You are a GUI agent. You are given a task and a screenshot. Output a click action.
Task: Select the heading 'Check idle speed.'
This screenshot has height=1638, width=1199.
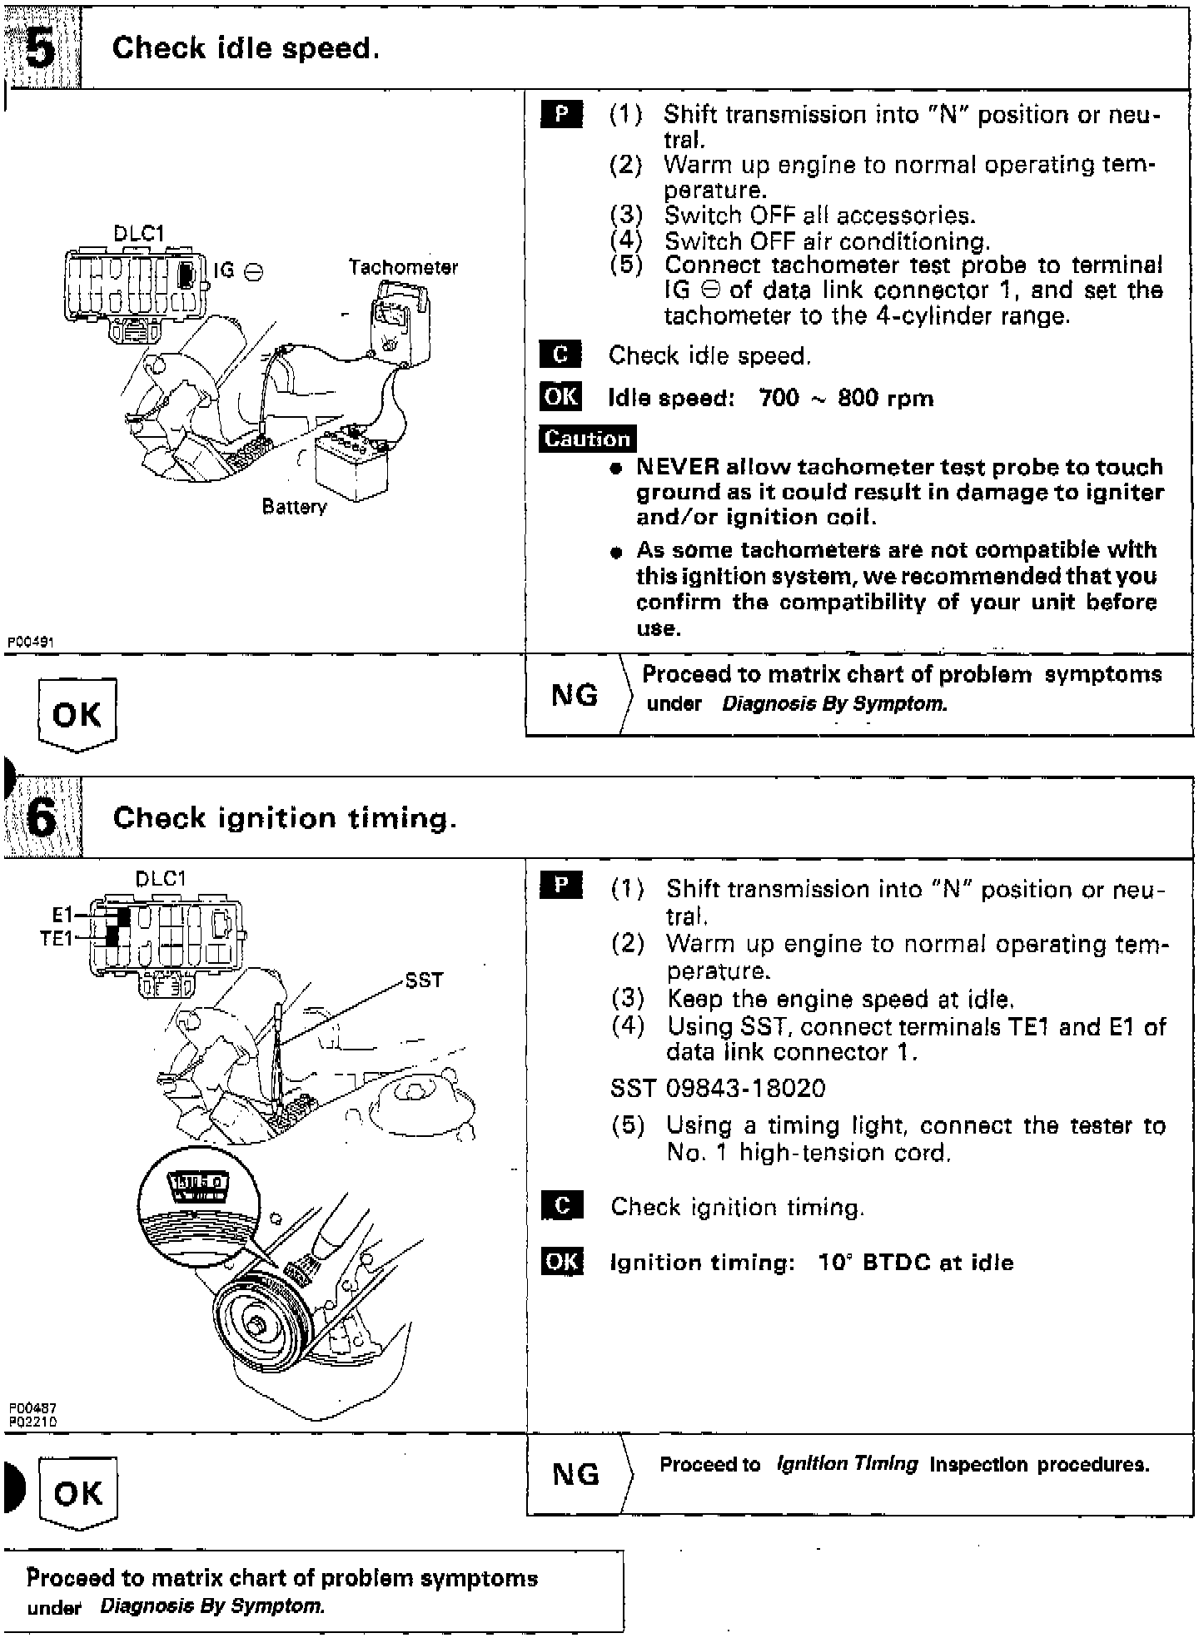pos(246,48)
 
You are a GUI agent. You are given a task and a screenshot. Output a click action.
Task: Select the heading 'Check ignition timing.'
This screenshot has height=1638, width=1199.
pos(285,818)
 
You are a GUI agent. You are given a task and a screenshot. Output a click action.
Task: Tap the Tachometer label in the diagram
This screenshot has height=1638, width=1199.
pos(403,267)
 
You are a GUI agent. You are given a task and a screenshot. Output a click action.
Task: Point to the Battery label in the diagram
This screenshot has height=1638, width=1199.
pos(294,506)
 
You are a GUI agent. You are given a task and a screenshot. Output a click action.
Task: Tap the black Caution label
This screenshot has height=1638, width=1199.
pos(587,439)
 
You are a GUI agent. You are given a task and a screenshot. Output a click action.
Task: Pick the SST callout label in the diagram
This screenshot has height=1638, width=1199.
pos(424,980)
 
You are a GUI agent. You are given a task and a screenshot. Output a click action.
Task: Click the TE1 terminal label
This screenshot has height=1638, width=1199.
pos(57,938)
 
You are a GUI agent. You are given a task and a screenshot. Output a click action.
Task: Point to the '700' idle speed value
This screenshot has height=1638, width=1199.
pos(779,398)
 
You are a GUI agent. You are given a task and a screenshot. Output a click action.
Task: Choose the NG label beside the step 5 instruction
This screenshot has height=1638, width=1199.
pos(575,695)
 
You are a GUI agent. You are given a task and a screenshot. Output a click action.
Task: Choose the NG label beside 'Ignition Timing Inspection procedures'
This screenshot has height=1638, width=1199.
pos(575,1474)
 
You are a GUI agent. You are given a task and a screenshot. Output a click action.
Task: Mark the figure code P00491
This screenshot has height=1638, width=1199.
pos(30,642)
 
